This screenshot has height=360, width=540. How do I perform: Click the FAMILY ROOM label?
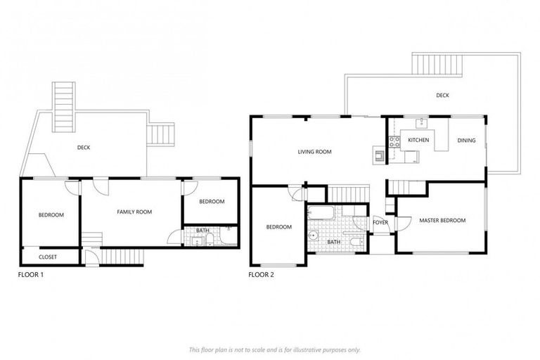point(134,212)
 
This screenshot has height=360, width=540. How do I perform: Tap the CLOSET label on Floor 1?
point(48,257)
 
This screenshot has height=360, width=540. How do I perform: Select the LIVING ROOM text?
point(314,151)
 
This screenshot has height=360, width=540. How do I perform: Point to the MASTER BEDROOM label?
point(442,221)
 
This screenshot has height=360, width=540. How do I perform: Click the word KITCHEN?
point(418,141)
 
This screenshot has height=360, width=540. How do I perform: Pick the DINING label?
point(466,141)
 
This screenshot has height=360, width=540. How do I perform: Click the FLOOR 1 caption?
point(31,275)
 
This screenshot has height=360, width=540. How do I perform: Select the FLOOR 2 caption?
point(262,275)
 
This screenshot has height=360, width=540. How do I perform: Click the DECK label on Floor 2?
point(442,96)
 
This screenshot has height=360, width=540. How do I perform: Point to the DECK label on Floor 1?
point(84,148)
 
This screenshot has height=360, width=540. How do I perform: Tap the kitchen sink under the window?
point(423,124)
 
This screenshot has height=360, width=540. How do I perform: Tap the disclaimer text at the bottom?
point(274,349)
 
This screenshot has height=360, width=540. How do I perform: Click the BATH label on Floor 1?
point(202,230)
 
